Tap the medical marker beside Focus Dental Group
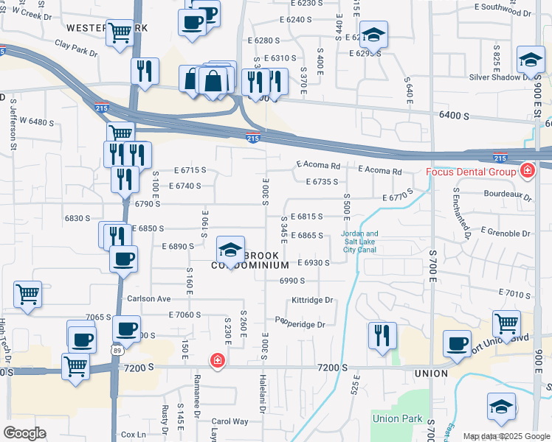(x=526, y=172)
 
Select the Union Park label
(x=397, y=419)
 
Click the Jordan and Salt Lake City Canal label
(x=359, y=242)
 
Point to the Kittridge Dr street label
(x=312, y=301)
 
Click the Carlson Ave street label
(x=148, y=299)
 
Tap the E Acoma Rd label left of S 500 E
(x=318, y=166)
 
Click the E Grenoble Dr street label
(x=506, y=231)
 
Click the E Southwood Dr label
(x=504, y=7)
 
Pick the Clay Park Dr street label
(x=76, y=48)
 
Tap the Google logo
(x=25, y=433)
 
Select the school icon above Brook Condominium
(x=230, y=249)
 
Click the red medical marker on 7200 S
(x=216, y=360)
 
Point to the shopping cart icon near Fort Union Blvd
(x=506, y=322)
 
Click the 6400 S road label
(x=455, y=116)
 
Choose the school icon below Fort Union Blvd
(x=501, y=407)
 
